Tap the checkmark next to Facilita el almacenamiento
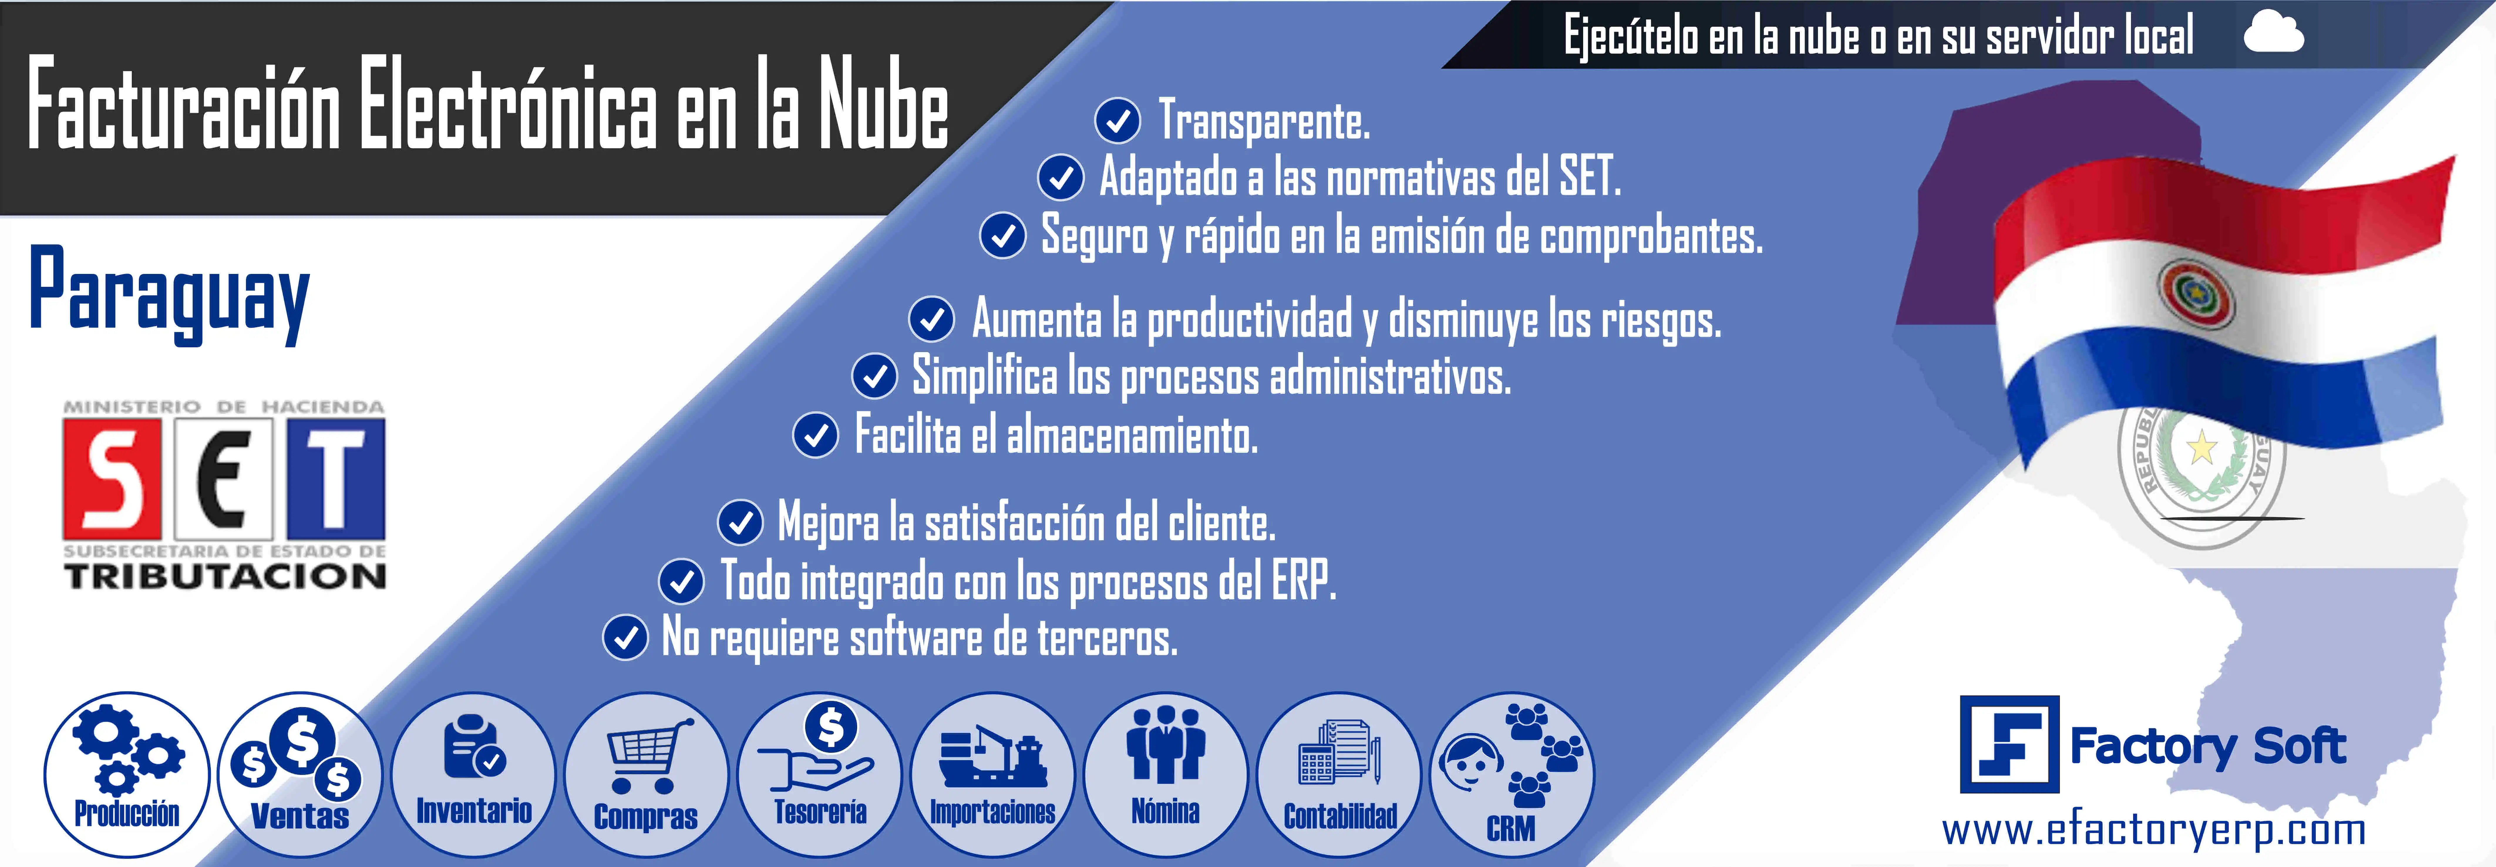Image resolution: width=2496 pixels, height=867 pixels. [x=816, y=435]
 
